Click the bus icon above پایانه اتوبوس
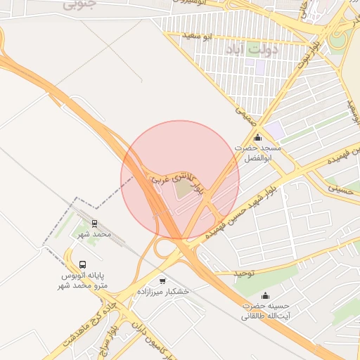pos(83,265)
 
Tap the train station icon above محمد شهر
pos(94,224)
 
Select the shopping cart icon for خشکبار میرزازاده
pos(162,281)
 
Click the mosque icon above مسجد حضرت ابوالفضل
pos(257,138)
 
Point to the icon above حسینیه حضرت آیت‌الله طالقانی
pos(265,296)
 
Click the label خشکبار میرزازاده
pos(162,290)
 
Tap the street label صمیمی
pos(245,115)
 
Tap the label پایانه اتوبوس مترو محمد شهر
pos(83,281)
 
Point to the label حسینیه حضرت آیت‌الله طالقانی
pos(266,311)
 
